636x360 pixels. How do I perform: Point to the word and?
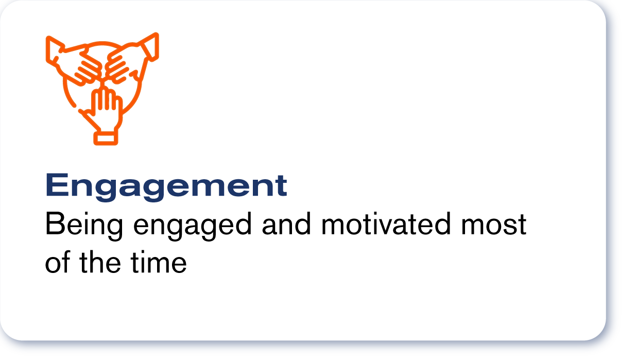286,224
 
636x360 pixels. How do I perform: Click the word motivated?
386,224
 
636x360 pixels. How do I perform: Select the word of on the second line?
58,262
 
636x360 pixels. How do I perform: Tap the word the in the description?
100,262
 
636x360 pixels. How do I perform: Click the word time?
159,262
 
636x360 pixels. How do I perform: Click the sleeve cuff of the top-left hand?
54,50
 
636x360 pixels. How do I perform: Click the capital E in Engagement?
57,184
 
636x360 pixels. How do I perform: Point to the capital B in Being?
55,224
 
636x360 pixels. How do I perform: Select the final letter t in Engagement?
281,186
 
